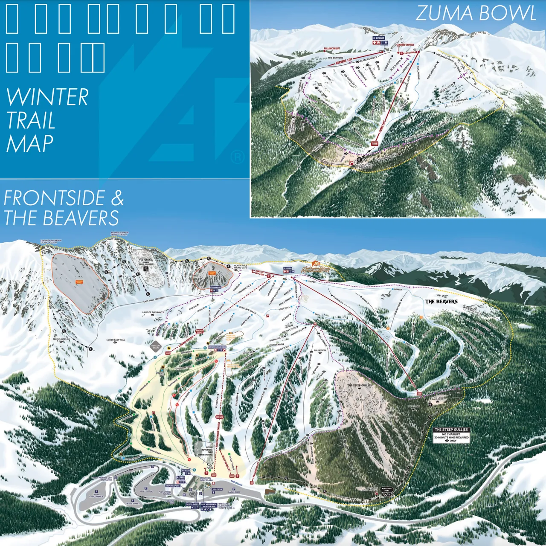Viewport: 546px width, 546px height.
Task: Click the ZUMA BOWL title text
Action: pyautogui.click(x=476, y=13)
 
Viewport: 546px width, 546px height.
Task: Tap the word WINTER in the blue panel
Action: pyautogui.click(x=47, y=98)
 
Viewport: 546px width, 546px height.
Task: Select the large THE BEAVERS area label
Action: pyautogui.click(x=441, y=302)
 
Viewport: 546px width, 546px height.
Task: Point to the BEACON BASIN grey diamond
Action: pyautogui.click(x=156, y=346)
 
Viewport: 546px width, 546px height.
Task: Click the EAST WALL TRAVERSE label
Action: pyautogui.click(x=154, y=300)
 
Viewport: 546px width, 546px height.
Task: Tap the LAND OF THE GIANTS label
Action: pyautogui.click(x=153, y=313)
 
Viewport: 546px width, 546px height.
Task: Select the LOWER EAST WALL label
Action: pyautogui.click(x=115, y=340)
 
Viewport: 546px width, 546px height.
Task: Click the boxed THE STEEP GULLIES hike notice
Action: pyautogui.click(x=451, y=435)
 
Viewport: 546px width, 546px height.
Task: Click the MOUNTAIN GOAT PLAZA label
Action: pyautogui.click(x=206, y=479)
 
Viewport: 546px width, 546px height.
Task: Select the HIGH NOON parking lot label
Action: pyautogui.click(x=146, y=491)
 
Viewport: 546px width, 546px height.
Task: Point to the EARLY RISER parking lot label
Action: pyautogui.click(x=234, y=492)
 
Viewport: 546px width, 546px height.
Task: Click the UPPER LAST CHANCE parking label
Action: pyautogui.click(x=96, y=496)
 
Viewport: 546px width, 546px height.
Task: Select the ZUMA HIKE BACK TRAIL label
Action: pyautogui.click(x=366, y=166)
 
